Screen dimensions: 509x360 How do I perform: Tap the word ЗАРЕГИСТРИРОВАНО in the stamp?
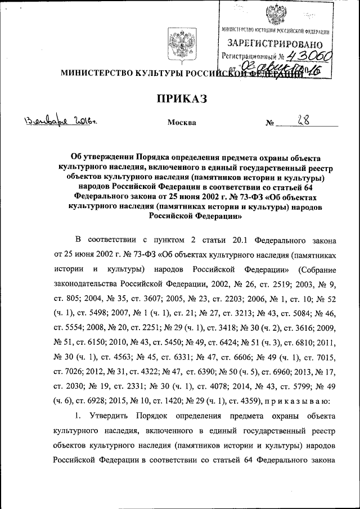pos(275,44)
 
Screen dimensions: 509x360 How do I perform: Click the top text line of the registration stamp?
pos(276,30)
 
